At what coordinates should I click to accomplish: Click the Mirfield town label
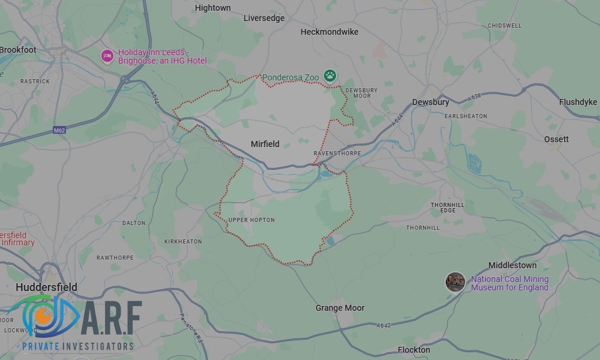click(265, 144)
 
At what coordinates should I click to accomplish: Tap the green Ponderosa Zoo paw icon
click(329, 76)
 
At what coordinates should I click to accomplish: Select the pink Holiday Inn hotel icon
click(107, 56)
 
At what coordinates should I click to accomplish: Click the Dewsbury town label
click(430, 103)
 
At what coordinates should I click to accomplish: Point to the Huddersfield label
click(46, 287)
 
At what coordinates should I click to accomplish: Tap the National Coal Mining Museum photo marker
click(455, 282)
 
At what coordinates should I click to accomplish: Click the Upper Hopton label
click(251, 220)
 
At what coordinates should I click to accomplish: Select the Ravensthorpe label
click(337, 154)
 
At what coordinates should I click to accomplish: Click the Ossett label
click(556, 139)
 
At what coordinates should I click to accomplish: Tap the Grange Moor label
click(340, 308)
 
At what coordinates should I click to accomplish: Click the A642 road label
click(384, 326)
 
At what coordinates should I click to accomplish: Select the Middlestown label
click(512, 265)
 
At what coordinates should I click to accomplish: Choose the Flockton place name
click(414, 350)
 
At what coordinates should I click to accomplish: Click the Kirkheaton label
click(183, 242)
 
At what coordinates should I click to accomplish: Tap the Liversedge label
click(264, 19)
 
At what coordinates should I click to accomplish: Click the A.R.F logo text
click(111, 319)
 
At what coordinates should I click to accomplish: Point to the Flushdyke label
click(578, 102)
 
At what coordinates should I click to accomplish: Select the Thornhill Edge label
click(448, 208)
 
